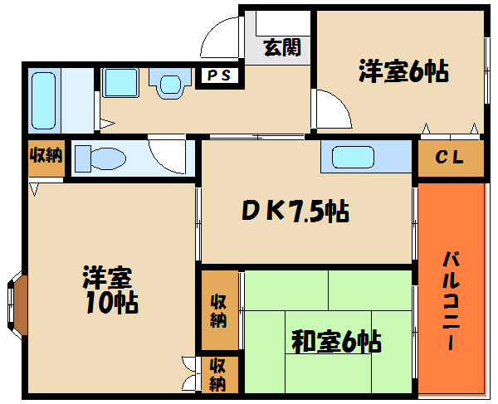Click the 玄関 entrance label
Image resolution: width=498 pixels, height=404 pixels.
281,48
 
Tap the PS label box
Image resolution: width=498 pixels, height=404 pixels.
219,76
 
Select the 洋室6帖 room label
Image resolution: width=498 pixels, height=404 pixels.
403,72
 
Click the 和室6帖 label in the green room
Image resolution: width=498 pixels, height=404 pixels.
335,340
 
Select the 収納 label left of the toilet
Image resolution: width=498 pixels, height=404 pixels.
46,156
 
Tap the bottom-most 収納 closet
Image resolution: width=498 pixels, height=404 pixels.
217,374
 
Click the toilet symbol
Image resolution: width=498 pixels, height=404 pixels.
99,157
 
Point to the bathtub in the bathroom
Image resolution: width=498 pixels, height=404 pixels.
43,100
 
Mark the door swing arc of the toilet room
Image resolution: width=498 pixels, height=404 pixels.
166,154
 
